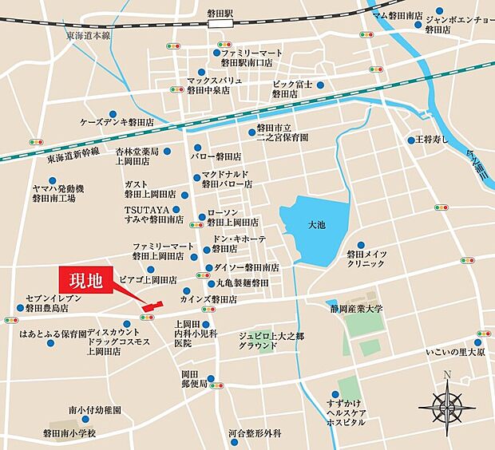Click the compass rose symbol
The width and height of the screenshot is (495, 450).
(447, 407)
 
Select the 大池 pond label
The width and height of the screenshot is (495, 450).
(316, 226)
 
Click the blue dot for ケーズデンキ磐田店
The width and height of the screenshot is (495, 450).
(113, 113)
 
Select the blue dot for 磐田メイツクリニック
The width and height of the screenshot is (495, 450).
(361, 245)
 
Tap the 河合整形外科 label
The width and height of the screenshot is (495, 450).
(255, 434)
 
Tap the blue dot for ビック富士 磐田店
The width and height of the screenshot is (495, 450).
(320, 84)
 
